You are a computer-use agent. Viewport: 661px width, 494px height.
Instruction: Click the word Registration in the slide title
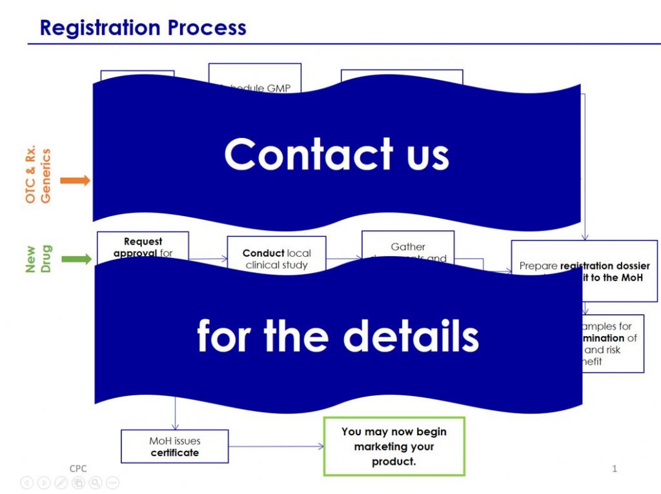tap(99, 28)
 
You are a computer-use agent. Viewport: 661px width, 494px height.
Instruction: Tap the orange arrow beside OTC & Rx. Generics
tap(75, 181)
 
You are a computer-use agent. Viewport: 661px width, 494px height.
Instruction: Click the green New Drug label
tap(38, 259)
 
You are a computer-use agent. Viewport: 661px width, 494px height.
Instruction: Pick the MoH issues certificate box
tap(174, 446)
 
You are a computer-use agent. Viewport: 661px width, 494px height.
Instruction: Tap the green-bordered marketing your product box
tap(394, 446)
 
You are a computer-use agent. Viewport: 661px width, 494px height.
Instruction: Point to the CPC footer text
tap(78, 469)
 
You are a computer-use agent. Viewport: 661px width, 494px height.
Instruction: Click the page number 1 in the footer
tap(615, 469)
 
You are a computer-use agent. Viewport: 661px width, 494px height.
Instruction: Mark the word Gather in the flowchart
tap(408, 246)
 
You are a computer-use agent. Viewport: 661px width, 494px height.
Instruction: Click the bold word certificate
tap(175, 453)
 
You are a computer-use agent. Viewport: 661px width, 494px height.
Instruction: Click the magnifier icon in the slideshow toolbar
tap(95, 482)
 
